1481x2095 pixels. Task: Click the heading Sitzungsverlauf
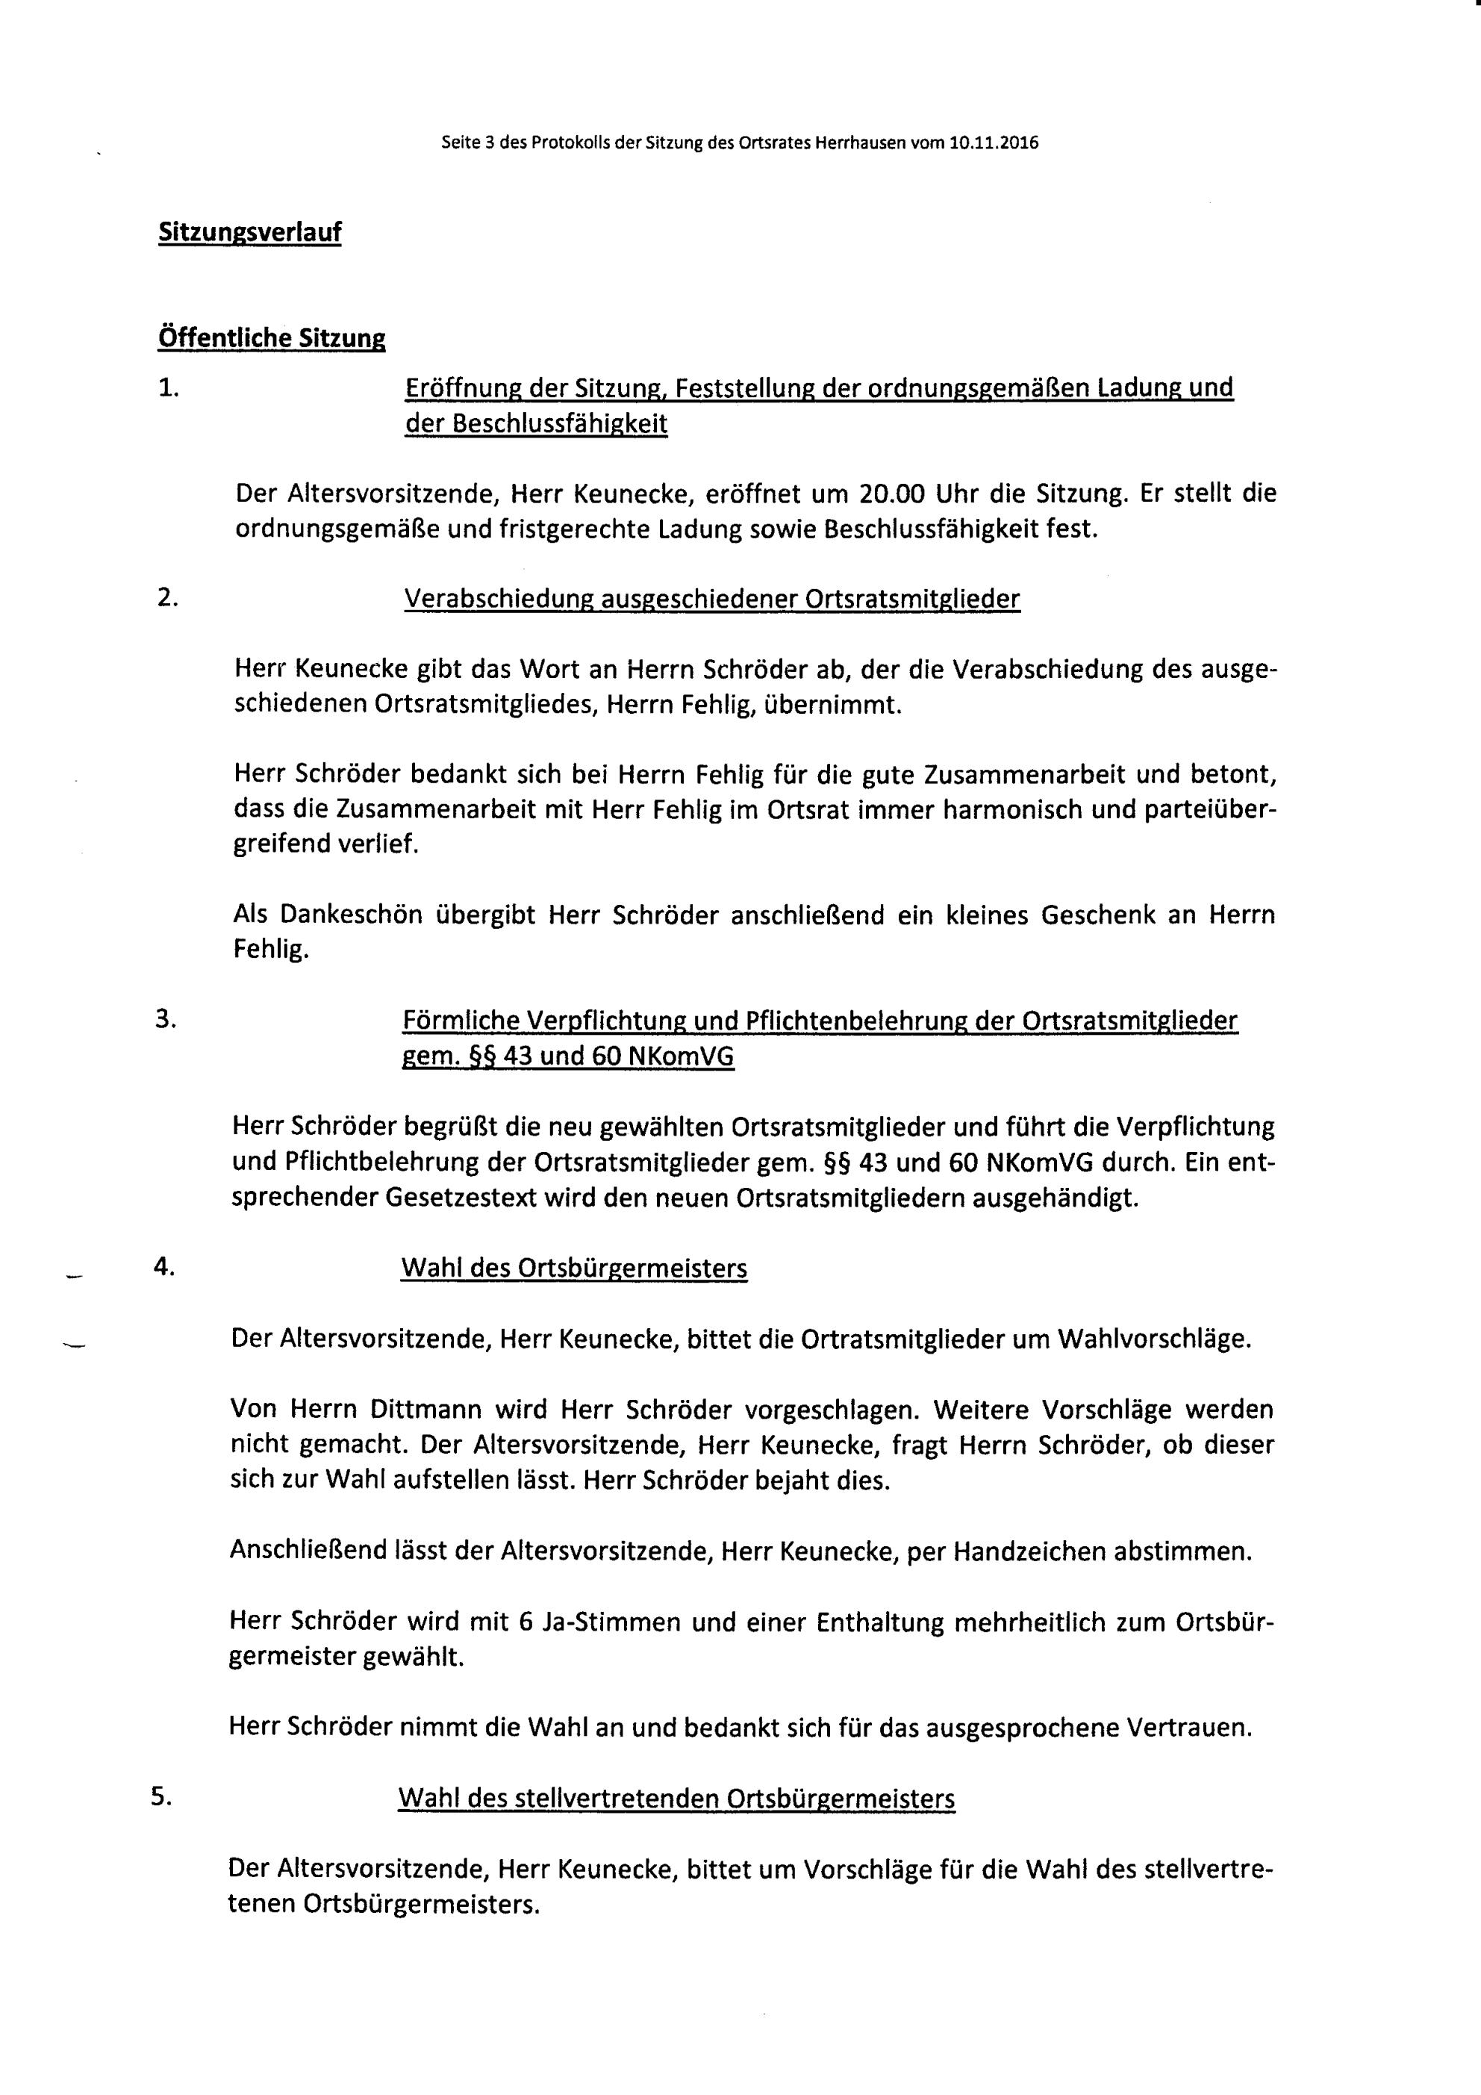(x=249, y=233)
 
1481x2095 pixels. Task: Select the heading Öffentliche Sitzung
(x=271, y=338)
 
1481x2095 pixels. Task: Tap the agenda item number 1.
(x=168, y=387)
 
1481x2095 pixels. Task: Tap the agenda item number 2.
(x=167, y=597)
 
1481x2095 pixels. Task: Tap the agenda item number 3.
(x=165, y=1020)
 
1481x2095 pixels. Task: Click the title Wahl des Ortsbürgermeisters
(x=573, y=1268)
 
